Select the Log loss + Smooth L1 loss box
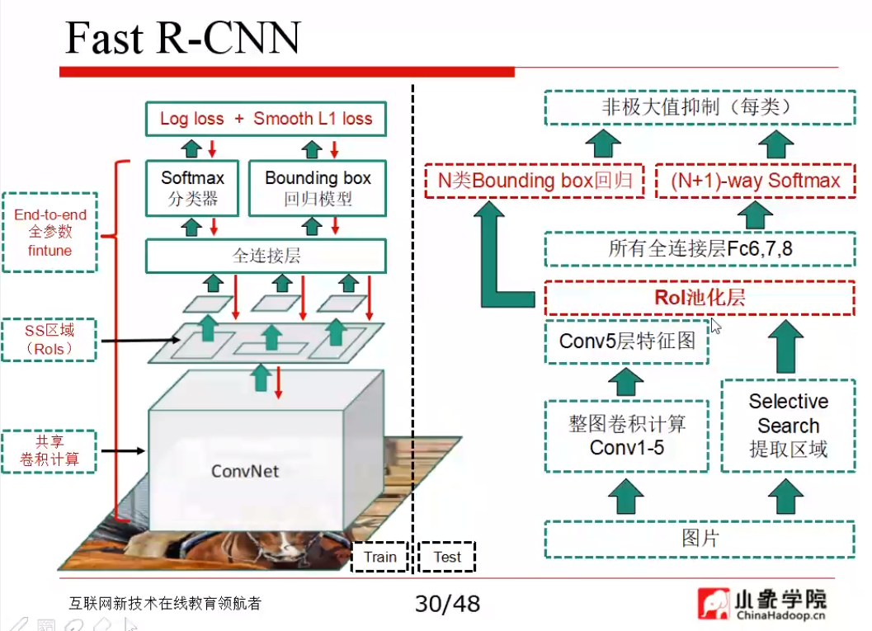[x=266, y=119]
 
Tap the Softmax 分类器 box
[x=192, y=188]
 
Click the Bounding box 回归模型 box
[x=318, y=188]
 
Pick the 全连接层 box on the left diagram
[x=266, y=256]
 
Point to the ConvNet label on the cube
[x=245, y=471]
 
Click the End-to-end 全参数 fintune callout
[x=50, y=233]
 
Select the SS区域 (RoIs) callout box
[x=49, y=339]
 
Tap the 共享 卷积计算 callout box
[x=49, y=451]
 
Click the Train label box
[x=379, y=557]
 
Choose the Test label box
[x=447, y=557]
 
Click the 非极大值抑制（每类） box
[x=699, y=108]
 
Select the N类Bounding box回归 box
[x=534, y=181]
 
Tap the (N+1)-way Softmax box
[x=755, y=181]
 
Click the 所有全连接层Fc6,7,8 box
[x=699, y=248]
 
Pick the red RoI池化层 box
[x=699, y=298]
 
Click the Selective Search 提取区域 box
[x=788, y=426]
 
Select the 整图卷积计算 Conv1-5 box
[x=626, y=436]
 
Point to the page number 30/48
[x=447, y=604]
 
